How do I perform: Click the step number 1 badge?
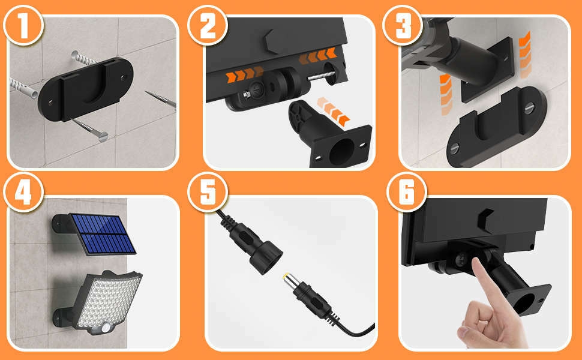23,26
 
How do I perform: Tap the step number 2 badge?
208,26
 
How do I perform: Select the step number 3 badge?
403,26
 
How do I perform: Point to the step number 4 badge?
23,192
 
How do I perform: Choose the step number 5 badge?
208,192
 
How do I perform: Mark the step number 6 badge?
407,192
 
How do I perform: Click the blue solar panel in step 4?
103,234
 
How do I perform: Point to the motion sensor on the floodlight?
107,328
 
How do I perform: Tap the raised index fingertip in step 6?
476,262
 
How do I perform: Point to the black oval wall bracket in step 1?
85,89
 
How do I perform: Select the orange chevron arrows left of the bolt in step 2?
245,75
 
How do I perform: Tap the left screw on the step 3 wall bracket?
455,148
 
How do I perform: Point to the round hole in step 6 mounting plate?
524,303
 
